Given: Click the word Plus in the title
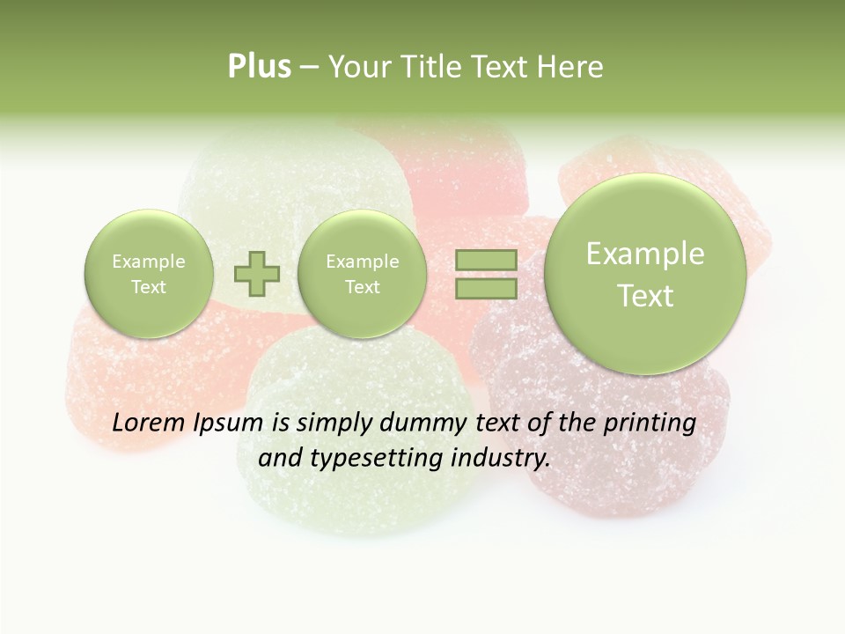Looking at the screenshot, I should [x=259, y=67].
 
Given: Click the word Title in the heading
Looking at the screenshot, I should [x=429, y=67].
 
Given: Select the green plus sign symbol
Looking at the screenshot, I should [x=257, y=274].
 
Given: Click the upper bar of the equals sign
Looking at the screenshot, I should [x=485, y=260].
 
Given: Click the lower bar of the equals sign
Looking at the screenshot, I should [x=485, y=288].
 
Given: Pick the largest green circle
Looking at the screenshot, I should [x=645, y=274].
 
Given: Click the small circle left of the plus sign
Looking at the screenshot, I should [x=149, y=274].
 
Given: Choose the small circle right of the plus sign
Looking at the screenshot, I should [x=362, y=274].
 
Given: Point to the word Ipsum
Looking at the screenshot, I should [x=229, y=424].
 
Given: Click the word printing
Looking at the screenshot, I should [x=649, y=424].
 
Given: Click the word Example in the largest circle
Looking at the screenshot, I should [x=645, y=254].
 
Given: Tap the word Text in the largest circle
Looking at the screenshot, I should [x=645, y=296].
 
